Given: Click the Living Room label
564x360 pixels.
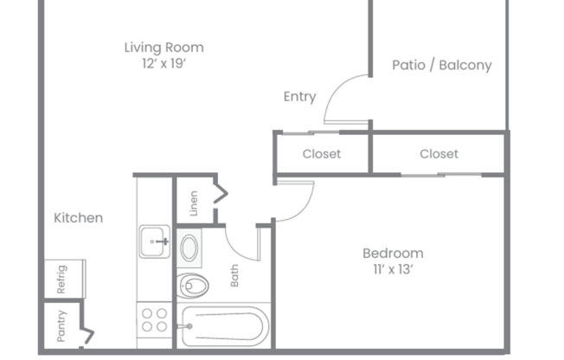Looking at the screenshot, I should (163, 48).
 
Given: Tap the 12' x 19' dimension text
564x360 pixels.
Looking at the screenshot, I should (163, 64).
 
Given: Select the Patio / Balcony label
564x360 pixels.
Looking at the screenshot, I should (441, 65).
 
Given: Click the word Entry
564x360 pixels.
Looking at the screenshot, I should (299, 97).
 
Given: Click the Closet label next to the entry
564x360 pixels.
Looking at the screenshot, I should (321, 154).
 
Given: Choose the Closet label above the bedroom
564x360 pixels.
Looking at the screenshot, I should (439, 154).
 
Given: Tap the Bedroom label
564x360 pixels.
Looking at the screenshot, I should (392, 253).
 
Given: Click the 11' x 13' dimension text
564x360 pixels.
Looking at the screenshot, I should (392, 269).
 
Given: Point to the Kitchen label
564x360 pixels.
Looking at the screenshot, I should (78, 218).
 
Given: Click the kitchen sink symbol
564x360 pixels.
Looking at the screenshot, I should (156, 241).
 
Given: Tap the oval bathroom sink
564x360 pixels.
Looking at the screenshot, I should (189, 248).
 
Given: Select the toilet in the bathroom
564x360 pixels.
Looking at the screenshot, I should (192, 284).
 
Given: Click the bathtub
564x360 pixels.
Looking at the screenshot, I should (224, 326).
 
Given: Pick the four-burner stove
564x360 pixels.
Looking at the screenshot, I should (155, 320).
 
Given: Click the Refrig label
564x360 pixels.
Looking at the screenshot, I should (61, 278).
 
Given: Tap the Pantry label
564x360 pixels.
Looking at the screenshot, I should (61, 326).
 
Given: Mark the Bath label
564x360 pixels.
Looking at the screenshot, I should (234, 276).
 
